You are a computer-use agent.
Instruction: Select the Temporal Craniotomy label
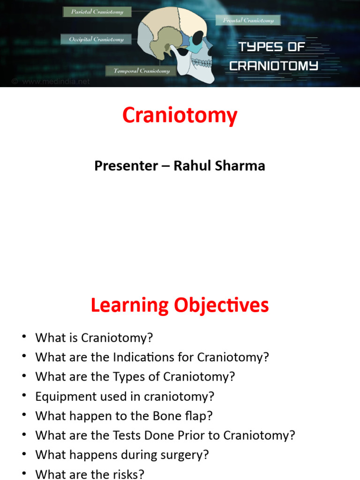142,71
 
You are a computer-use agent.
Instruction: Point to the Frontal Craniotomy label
248,20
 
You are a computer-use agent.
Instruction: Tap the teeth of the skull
202,62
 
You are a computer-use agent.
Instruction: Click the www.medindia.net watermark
55,82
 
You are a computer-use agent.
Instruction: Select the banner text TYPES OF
272,47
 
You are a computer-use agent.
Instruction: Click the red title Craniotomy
180,116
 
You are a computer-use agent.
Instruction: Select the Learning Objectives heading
180,305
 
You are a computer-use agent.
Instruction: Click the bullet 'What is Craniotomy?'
94,337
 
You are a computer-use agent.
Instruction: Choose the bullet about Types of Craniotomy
135,377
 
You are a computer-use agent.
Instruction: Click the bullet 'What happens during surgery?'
122,455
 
